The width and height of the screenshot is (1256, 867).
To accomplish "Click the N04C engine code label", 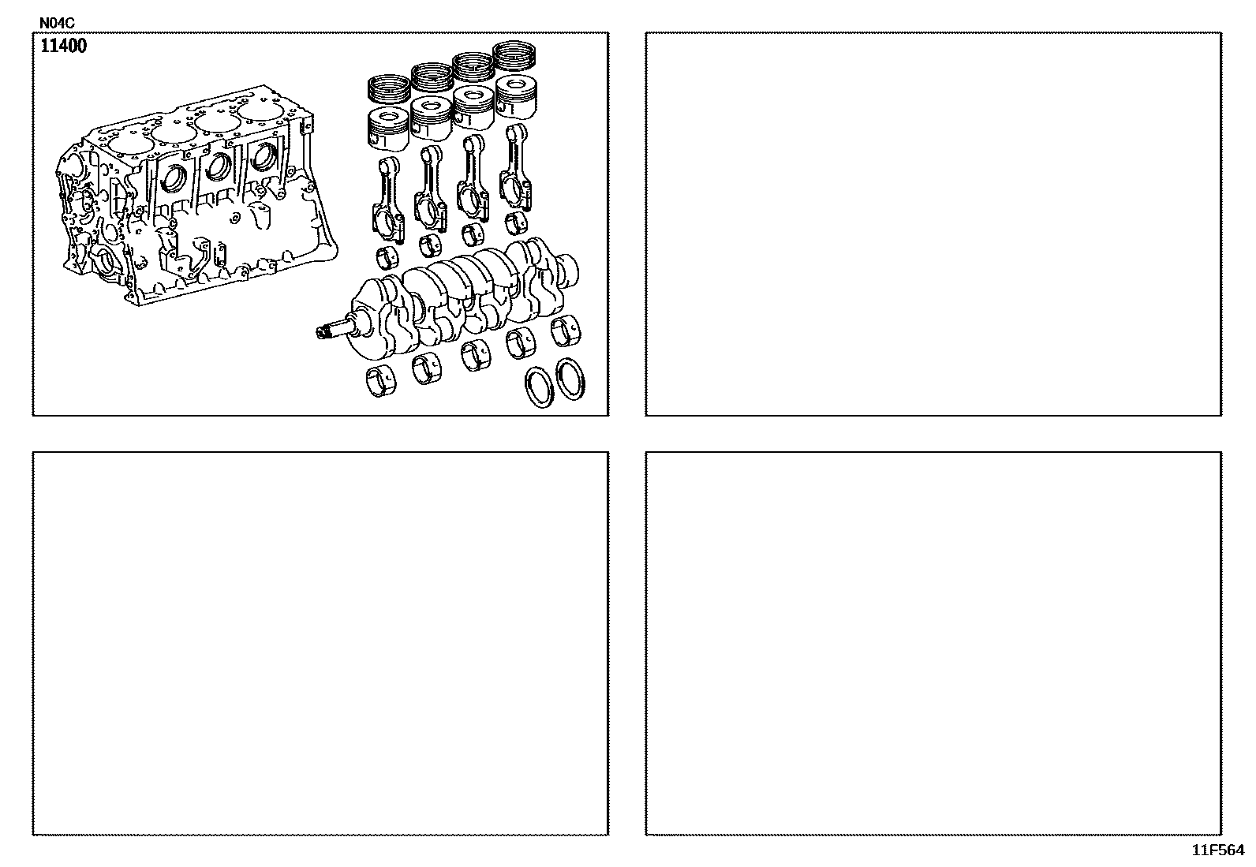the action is pyautogui.click(x=57, y=23).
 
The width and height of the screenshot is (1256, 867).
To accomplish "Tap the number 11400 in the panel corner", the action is pyautogui.click(x=63, y=46).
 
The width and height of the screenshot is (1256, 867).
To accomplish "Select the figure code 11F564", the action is pyautogui.click(x=1218, y=850).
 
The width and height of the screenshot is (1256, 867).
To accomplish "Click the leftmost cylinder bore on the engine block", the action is pyautogui.click(x=131, y=145).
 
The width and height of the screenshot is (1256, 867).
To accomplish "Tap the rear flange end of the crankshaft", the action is pyautogui.click(x=566, y=271).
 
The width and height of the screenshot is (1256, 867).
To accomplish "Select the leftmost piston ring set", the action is pyautogui.click(x=390, y=91).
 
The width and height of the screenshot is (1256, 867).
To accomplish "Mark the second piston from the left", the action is pyautogui.click(x=432, y=118).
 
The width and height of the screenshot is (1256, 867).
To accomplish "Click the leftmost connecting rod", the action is pyautogui.click(x=388, y=200).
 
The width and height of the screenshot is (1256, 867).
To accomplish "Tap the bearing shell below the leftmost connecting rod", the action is pyautogui.click(x=387, y=257).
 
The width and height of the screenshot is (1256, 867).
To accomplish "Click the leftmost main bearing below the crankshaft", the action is pyautogui.click(x=380, y=381).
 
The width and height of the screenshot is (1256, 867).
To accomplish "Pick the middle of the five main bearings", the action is pyautogui.click(x=476, y=356).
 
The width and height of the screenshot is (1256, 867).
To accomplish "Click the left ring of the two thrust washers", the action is pyautogui.click(x=540, y=387).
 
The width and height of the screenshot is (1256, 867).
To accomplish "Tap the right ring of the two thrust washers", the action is pyautogui.click(x=570, y=379).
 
